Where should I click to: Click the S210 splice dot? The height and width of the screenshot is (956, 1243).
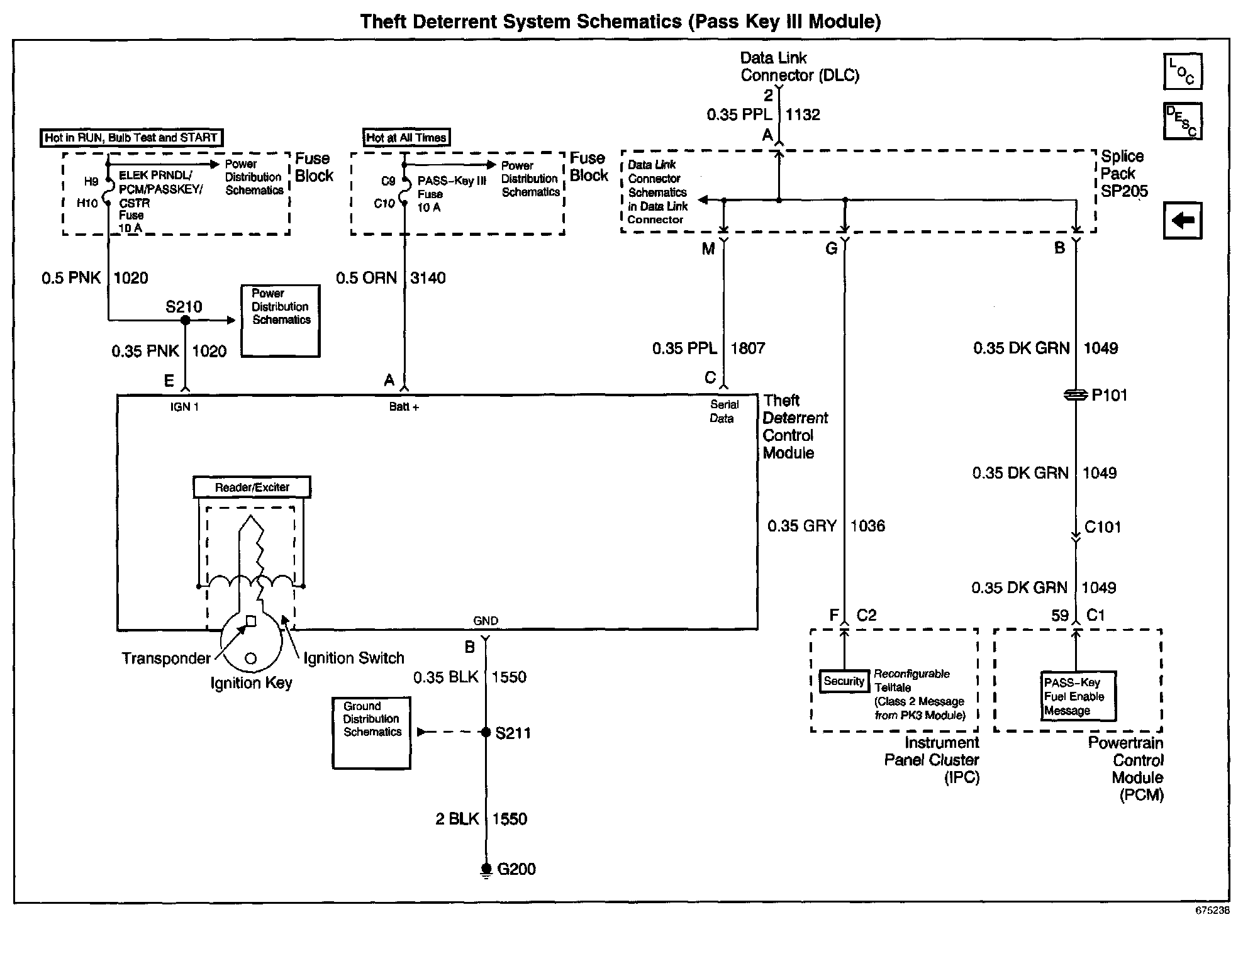click(185, 320)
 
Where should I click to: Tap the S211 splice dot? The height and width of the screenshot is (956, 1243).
click(486, 732)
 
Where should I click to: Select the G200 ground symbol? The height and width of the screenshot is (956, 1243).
click(486, 870)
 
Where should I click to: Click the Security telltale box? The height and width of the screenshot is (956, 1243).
click(844, 681)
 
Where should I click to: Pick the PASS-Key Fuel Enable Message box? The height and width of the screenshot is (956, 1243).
click(1078, 696)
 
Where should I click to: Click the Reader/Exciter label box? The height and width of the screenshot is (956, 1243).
click(252, 487)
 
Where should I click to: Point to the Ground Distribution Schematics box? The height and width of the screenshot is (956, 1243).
click(371, 733)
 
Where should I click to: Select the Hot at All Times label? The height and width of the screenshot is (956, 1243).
click(406, 138)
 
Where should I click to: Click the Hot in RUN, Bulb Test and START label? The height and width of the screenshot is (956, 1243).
click(131, 138)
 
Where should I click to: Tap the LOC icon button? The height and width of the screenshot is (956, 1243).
click(1183, 72)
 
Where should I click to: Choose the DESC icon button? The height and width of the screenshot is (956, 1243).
click(1183, 121)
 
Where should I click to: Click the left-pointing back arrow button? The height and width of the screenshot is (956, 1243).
click(1183, 221)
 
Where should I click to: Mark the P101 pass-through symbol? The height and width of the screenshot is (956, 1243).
click(1076, 395)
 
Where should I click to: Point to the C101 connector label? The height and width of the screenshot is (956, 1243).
click(1103, 527)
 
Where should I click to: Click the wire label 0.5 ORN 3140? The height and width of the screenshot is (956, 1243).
click(391, 278)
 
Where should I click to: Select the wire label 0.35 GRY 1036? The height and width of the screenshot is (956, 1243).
click(826, 526)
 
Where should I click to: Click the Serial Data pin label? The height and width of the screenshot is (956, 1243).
click(723, 411)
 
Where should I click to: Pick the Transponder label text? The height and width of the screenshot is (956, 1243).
click(166, 659)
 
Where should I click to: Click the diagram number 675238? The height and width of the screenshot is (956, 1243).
click(1212, 910)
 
